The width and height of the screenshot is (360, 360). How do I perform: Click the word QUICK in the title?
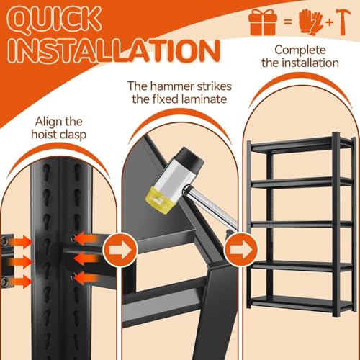pos(53,20)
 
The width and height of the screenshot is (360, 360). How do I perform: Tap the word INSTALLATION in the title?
pos(114,51)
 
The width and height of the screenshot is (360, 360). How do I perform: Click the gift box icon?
pos(263,22)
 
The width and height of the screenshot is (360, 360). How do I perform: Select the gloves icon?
pos(311,22)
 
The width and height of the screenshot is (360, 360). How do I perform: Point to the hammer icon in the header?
pos(343,22)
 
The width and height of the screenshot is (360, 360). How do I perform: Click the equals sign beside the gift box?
pos(288,22)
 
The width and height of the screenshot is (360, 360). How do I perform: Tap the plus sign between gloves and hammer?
pos(330,22)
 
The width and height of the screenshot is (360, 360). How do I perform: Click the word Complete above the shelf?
pos(300,50)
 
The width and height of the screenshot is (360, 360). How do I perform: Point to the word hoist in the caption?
pos(44,134)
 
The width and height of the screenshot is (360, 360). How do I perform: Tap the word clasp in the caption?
pos(73,135)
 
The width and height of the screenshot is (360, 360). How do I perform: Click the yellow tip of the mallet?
pos(159,201)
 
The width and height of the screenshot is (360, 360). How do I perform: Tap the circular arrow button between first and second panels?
pos(120,250)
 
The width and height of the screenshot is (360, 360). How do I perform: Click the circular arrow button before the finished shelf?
pos(241,250)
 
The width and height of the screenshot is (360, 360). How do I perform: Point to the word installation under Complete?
pos(310,63)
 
